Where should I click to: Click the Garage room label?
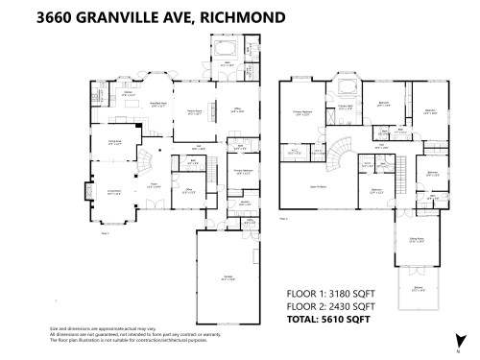click(x=228, y=278)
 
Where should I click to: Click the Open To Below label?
click(x=319, y=186)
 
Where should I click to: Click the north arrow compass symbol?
click(x=459, y=343)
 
